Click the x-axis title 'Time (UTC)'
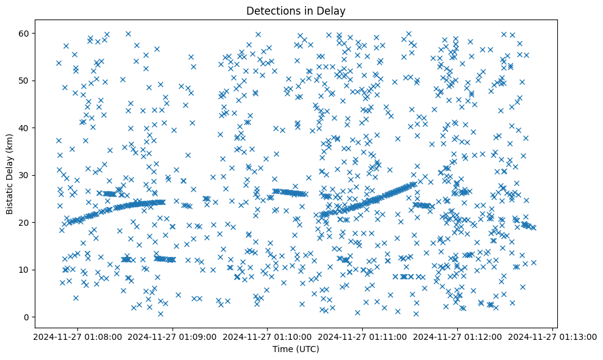click(296, 349)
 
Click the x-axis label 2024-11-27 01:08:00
click(77, 336)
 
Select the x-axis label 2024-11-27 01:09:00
click(173, 336)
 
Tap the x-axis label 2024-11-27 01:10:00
click(268, 336)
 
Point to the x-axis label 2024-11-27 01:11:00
click(363, 336)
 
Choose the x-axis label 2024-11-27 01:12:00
click(458, 336)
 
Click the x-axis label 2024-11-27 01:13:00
click(553, 336)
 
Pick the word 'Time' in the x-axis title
click(284, 349)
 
